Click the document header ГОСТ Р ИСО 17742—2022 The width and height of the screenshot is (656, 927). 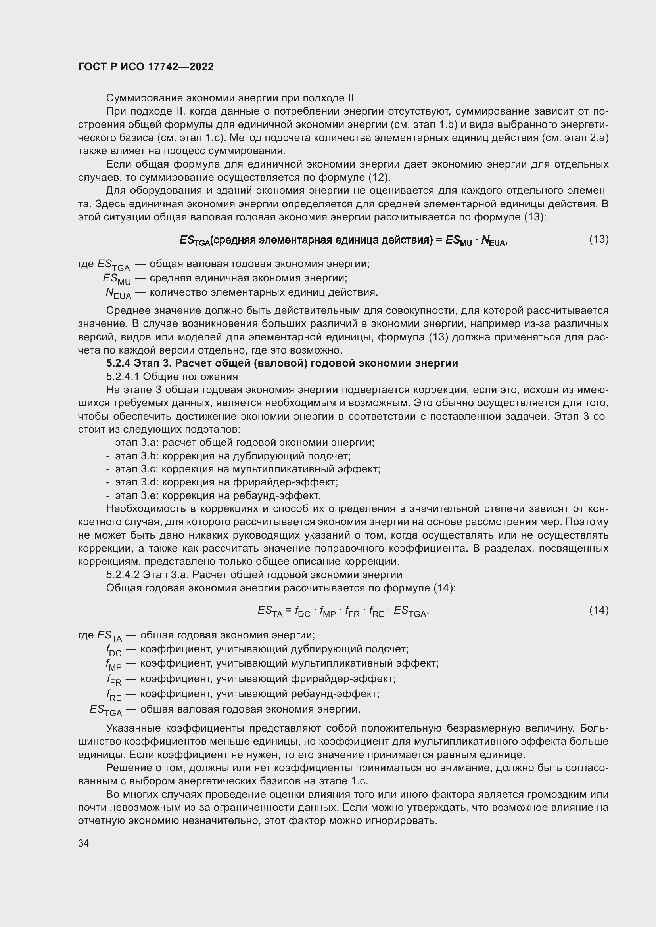click(x=146, y=67)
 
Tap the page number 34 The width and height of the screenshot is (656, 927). click(x=83, y=843)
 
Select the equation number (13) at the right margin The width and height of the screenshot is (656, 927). click(x=598, y=239)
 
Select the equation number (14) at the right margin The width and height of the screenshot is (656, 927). click(x=598, y=610)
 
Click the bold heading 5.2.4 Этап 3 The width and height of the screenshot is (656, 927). click(x=282, y=363)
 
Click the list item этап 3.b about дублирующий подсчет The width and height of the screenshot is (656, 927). click(x=233, y=456)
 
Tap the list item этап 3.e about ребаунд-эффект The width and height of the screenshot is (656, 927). click(x=217, y=495)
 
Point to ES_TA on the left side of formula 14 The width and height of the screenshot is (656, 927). click(x=270, y=611)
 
